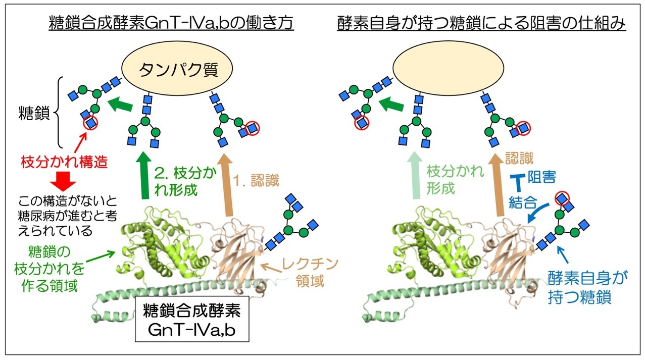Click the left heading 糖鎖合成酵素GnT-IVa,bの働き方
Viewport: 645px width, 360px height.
click(x=171, y=24)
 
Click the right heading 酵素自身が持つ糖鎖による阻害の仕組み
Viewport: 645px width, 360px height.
click(x=481, y=24)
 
